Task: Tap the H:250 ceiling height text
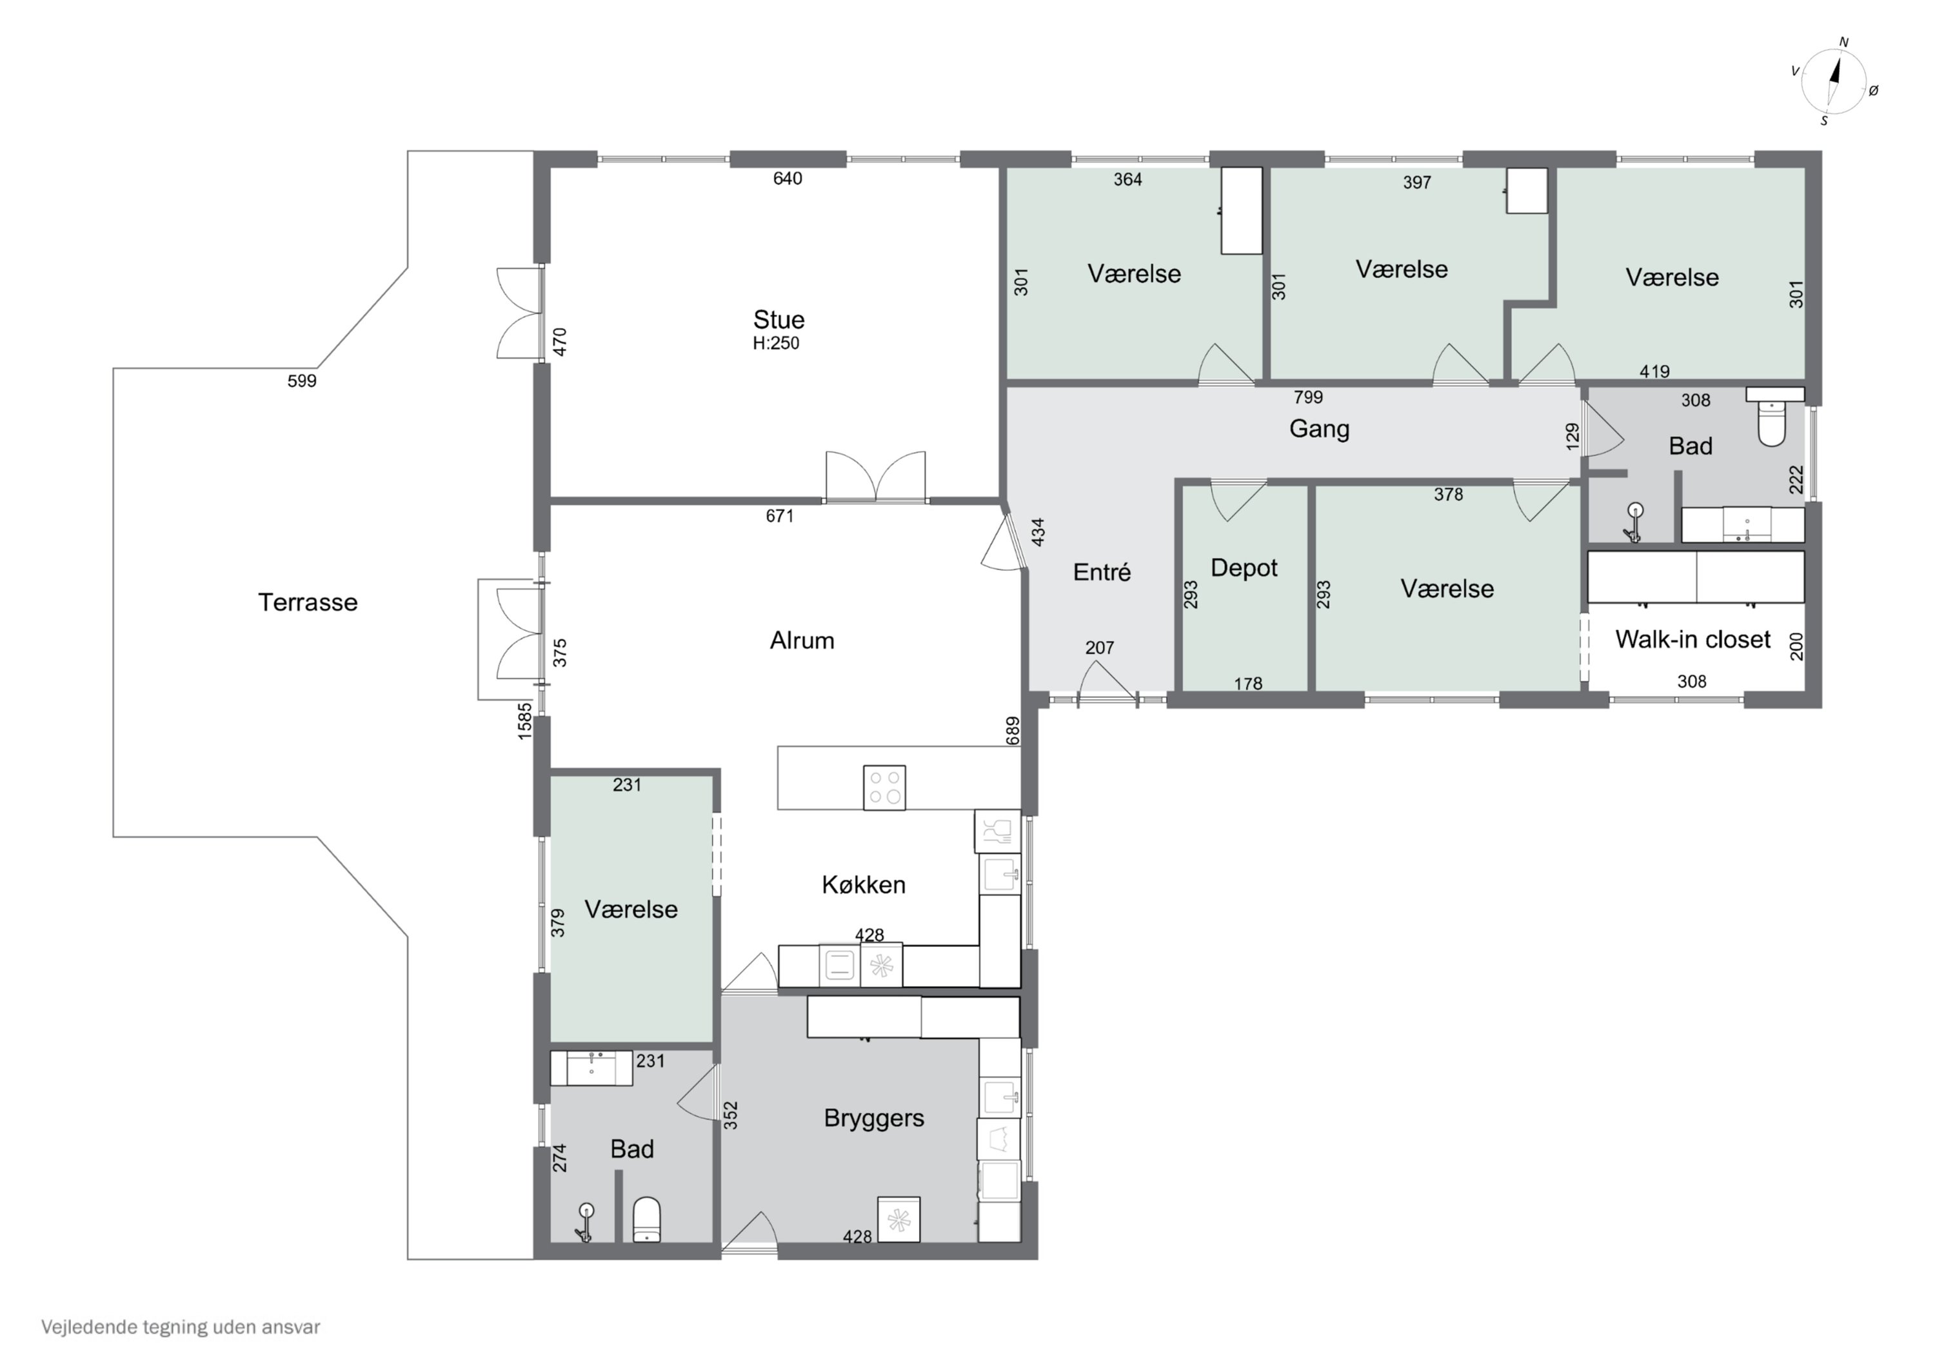click(776, 343)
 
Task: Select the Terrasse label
click(308, 602)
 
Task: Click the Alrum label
click(802, 640)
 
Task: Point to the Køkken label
click(864, 884)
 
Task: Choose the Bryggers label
click(874, 1118)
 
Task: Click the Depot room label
click(1244, 568)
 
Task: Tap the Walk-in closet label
click(1692, 639)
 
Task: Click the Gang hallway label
click(1320, 429)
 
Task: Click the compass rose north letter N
click(1843, 42)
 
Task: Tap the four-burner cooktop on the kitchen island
click(885, 788)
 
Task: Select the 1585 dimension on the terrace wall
click(525, 722)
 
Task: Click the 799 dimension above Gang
click(1308, 397)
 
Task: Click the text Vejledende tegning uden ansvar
click(181, 1327)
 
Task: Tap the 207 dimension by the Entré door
click(1100, 648)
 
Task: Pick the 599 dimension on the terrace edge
click(302, 381)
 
